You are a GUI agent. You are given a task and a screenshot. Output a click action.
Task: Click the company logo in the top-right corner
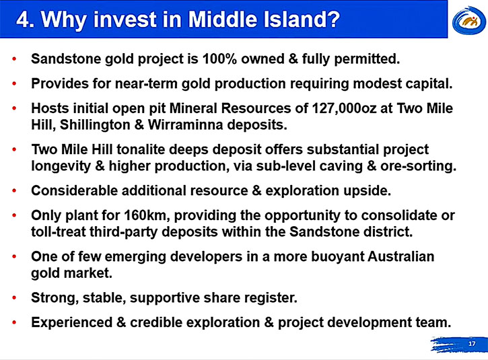point(469,20)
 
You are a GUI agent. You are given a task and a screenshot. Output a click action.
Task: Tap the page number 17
point(472,343)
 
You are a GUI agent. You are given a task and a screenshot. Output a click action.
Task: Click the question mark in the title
point(333,20)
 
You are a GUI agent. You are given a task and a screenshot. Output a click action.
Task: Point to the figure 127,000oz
point(344,108)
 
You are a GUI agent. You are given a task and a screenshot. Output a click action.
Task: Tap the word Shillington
point(94,125)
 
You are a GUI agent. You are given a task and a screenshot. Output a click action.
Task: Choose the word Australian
point(401,256)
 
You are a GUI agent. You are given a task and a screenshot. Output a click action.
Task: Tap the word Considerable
point(75,190)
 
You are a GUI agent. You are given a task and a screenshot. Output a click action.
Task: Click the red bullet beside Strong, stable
point(14,298)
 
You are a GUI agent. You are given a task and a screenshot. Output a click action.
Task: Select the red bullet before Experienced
point(14,323)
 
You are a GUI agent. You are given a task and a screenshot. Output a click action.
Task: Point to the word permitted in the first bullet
point(367,59)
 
